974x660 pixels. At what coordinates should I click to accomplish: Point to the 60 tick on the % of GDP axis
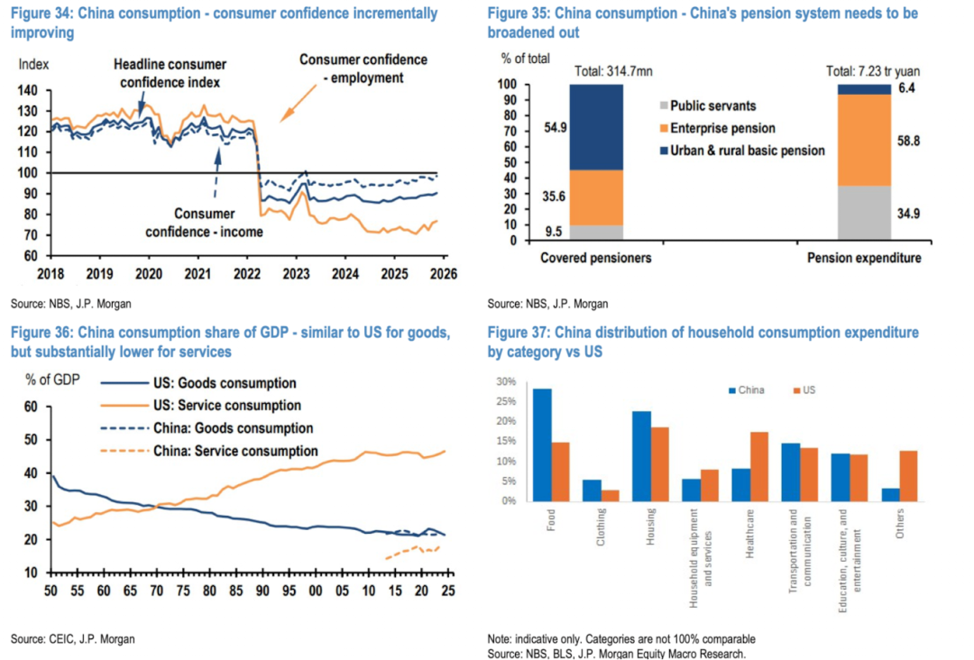point(29,407)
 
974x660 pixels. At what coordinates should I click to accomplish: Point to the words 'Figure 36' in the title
point(41,333)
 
